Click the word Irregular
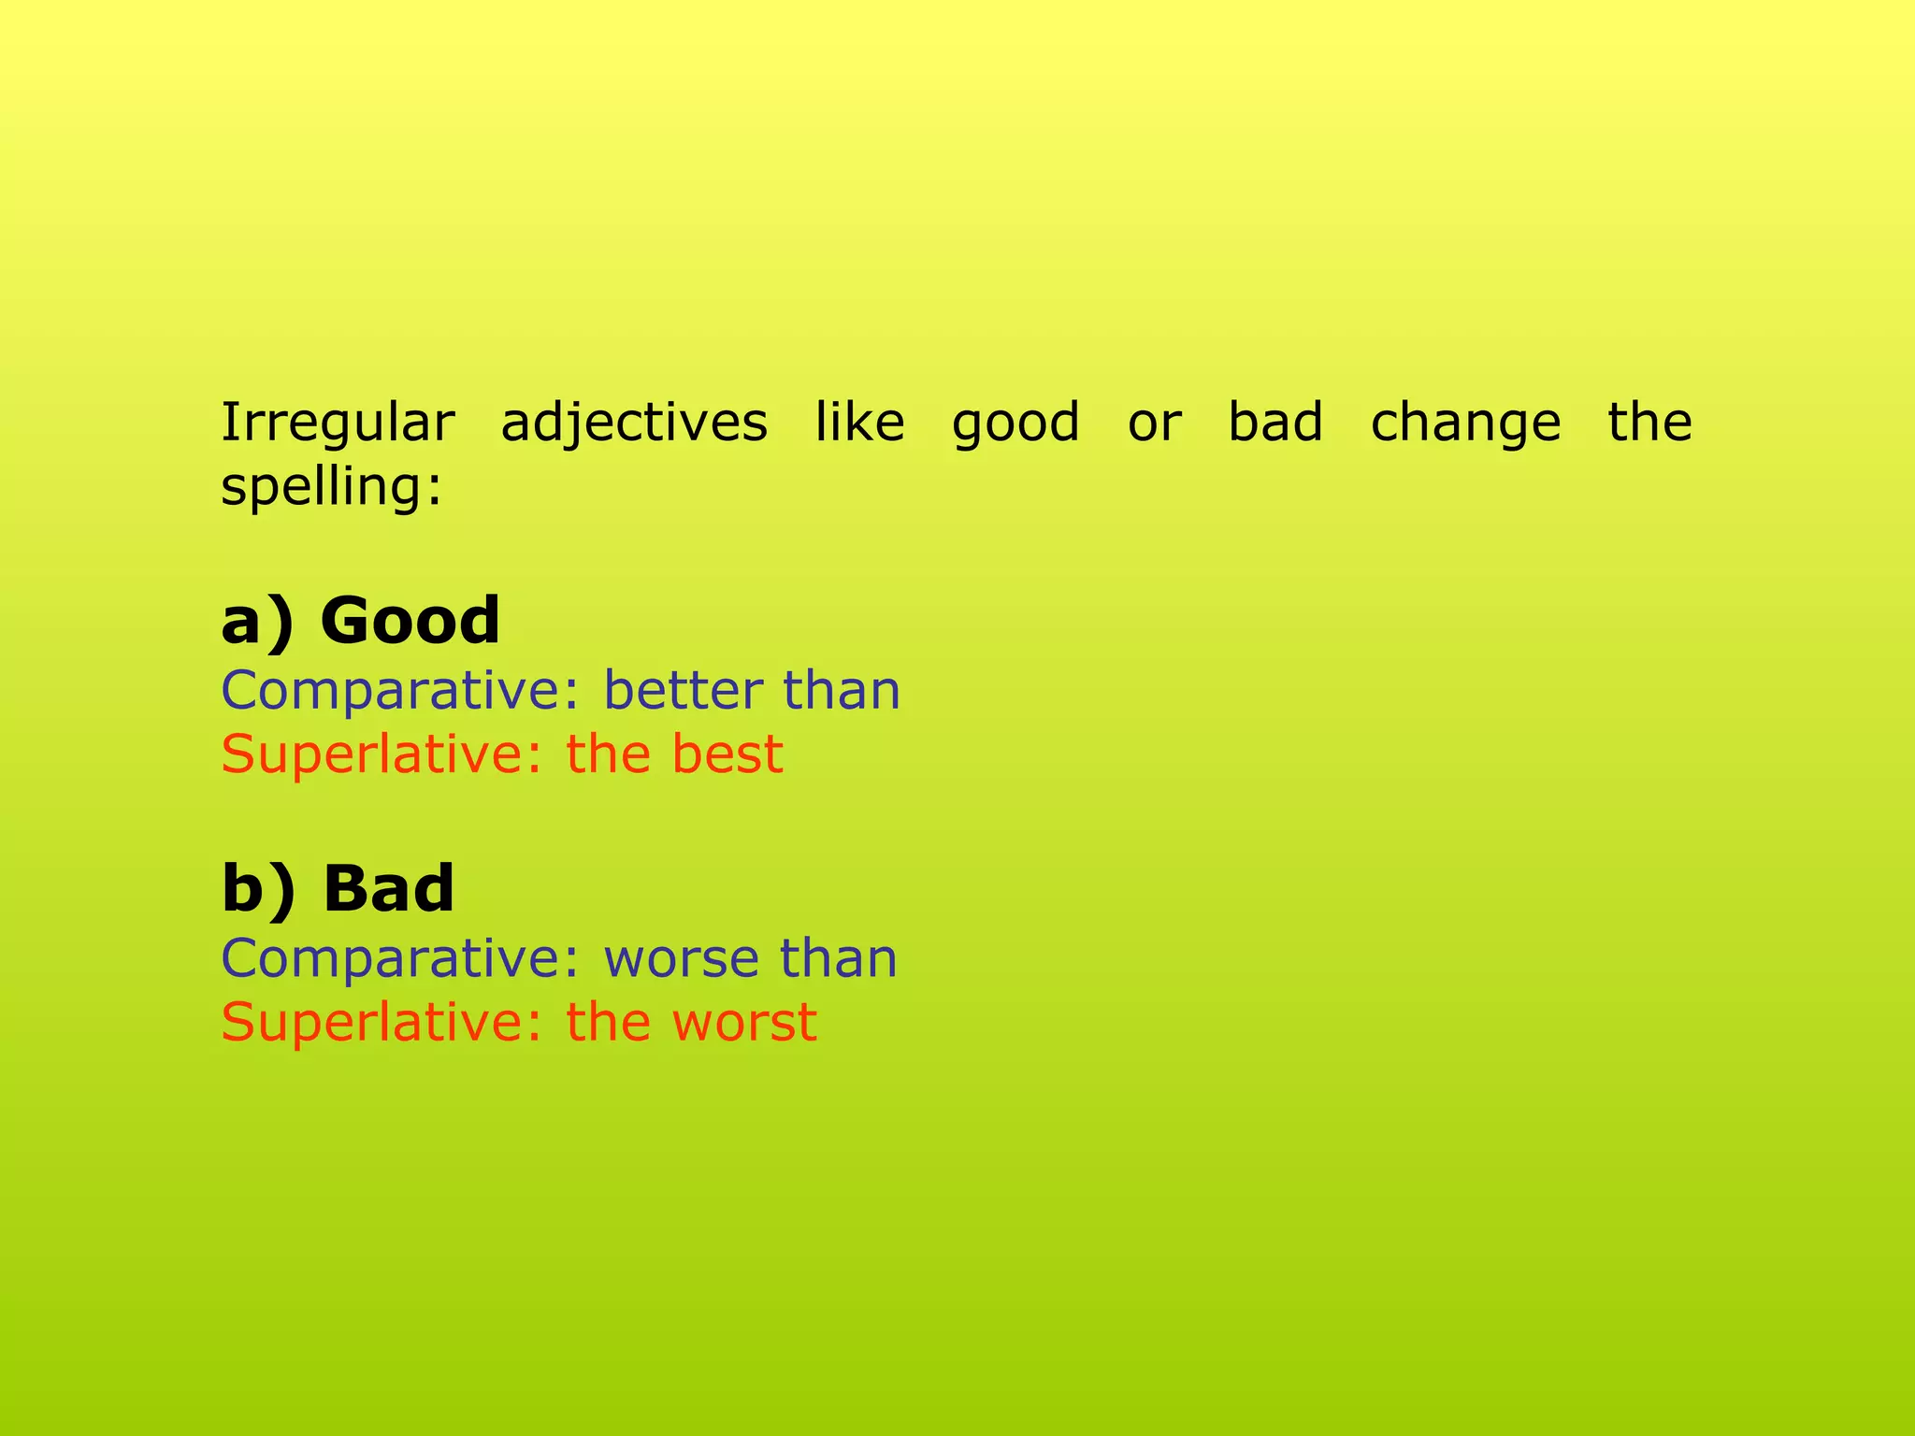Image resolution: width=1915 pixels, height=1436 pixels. point(338,423)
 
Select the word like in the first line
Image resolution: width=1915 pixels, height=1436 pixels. point(859,422)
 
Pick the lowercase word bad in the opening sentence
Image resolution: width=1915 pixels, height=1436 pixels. point(1275,422)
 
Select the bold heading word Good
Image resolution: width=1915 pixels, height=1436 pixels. point(410,621)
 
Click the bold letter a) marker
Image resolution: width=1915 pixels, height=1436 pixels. point(257,623)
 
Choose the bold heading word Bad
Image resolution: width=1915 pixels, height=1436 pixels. point(388,888)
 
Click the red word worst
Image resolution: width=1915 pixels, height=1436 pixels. point(744,1023)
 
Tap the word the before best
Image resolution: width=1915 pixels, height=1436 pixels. point(609,754)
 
